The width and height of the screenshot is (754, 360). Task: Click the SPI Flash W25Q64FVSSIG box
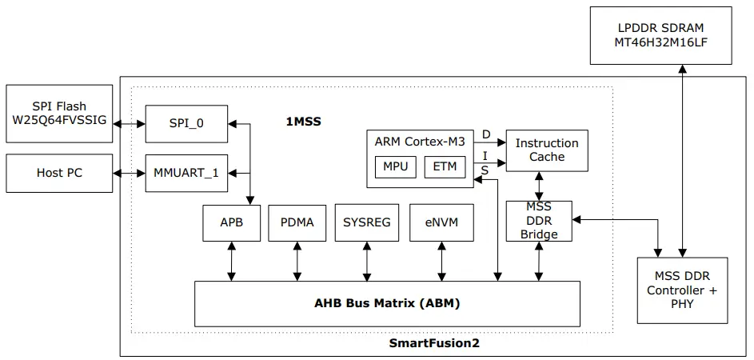click(x=60, y=113)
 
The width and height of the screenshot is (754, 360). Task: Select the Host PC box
click(x=60, y=173)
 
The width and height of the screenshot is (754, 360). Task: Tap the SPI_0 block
click(x=186, y=124)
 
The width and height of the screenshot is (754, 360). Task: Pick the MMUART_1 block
click(x=186, y=173)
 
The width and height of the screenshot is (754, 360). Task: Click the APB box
click(x=231, y=222)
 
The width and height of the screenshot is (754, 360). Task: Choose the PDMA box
click(x=297, y=222)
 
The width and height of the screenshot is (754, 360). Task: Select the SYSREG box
click(x=366, y=222)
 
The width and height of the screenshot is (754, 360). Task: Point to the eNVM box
click(x=441, y=222)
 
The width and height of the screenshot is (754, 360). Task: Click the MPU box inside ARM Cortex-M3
click(x=394, y=167)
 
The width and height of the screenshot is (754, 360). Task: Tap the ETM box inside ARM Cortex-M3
click(x=444, y=167)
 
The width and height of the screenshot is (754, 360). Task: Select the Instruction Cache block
click(x=547, y=150)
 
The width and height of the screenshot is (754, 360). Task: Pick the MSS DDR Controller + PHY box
click(x=682, y=290)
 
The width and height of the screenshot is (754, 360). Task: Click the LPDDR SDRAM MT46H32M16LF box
click(x=660, y=35)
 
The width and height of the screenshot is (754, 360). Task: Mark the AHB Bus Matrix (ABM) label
click(x=386, y=304)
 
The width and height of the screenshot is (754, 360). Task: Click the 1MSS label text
click(x=304, y=122)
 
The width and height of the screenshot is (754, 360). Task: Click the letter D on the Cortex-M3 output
click(x=485, y=134)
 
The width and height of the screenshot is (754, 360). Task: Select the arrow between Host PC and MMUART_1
click(x=129, y=173)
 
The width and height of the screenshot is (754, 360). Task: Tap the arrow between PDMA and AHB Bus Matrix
click(x=297, y=262)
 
